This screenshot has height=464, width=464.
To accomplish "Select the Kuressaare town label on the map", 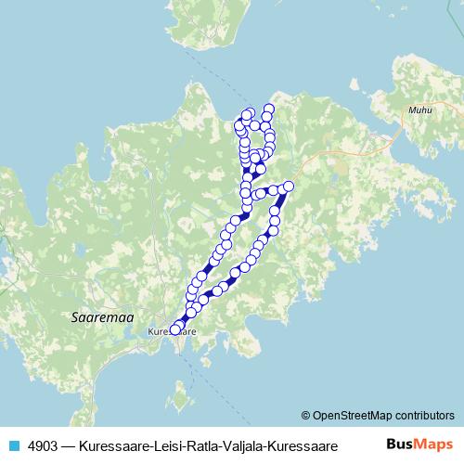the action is tap(174, 330).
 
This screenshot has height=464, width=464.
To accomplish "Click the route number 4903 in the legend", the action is tap(44, 445).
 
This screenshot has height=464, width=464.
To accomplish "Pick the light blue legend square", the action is tap(12, 445).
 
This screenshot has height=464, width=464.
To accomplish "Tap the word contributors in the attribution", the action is tap(421, 415).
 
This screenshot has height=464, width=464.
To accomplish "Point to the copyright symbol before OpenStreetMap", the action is tap(305, 415).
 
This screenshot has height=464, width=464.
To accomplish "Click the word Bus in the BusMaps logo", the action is tap(402, 445).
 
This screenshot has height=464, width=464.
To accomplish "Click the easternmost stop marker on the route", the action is tap(288, 187).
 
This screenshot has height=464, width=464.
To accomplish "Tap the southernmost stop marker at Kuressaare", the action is tap(174, 329).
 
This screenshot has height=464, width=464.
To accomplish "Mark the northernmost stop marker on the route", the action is tap(269, 109).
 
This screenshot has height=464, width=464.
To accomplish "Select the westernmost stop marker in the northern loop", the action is tap(239, 123).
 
